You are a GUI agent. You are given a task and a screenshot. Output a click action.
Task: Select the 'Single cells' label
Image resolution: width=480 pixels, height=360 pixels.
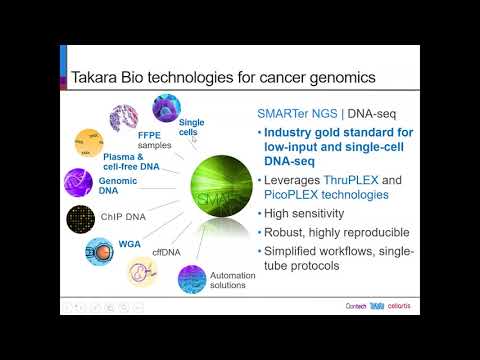pyautogui.click(x=192, y=127)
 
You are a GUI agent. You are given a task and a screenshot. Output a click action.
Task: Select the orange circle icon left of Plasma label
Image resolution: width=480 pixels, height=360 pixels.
pyautogui.click(x=89, y=143)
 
